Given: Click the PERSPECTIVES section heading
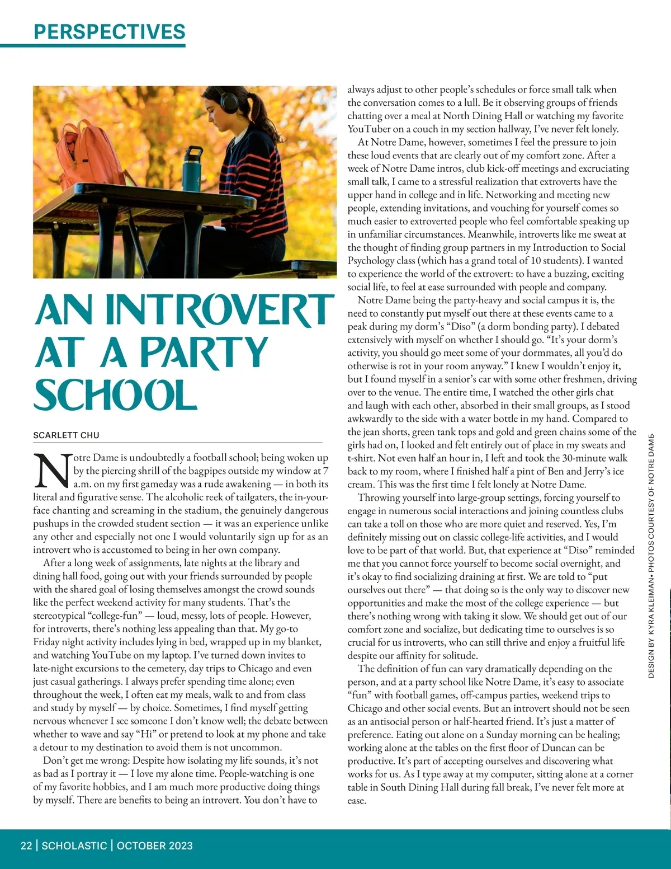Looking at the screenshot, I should pyautogui.click(x=110, y=31).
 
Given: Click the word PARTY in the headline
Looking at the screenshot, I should pyautogui.click(x=204, y=353).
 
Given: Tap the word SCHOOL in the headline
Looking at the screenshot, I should pyautogui.click(x=115, y=395).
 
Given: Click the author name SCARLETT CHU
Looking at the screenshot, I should pyautogui.click(x=66, y=435).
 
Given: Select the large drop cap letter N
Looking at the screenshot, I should pyautogui.click(x=52, y=470).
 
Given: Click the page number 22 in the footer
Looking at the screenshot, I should pyautogui.click(x=26, y=845).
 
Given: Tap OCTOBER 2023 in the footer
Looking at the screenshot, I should pyautogui.click(x=155, y=845).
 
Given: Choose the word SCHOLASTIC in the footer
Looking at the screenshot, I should pyautogui.click(x=74, y=845).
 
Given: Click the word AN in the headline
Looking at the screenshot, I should pyautogui.click(x=65, y=311).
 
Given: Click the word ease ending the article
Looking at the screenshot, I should pyautogui.click(x=356, y=800).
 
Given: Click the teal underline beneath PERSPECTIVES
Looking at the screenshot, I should pyautogui.click(x=93, y=45).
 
